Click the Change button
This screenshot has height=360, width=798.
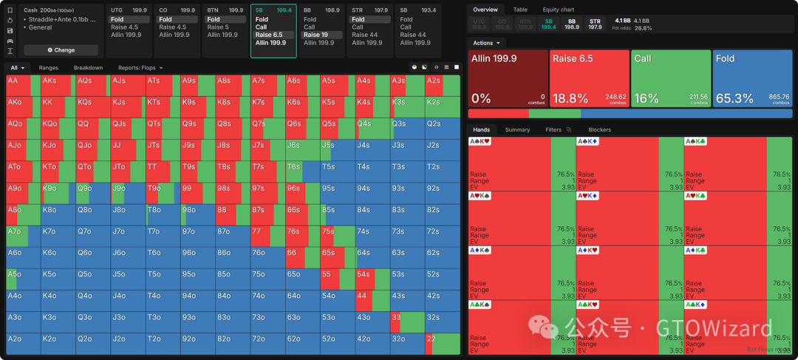pyautogui.click(x=61, y=50)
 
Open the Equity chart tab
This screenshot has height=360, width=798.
pyautogui.click(x=558, y=10)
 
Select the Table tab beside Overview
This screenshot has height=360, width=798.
pyautogui.click(x=520, y=10)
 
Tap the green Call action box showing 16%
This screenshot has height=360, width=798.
pyautogui.click(x=670, y=78)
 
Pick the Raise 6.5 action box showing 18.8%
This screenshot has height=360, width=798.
pyautogui.click(x=589, y=78)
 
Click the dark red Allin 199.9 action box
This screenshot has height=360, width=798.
pyautogui.click(x=508, y=78)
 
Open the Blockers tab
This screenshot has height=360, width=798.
pyautogui.click(x=599, y=130)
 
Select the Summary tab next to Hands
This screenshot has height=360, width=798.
pyautogui.click(x=517, y=130)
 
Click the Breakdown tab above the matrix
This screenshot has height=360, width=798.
pyautogui.click(x=88, y=68)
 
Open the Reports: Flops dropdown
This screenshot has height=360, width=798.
pyautogui.click(x=140, y=68)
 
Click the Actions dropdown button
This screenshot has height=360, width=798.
pyautogui.click(x=486, y=43)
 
